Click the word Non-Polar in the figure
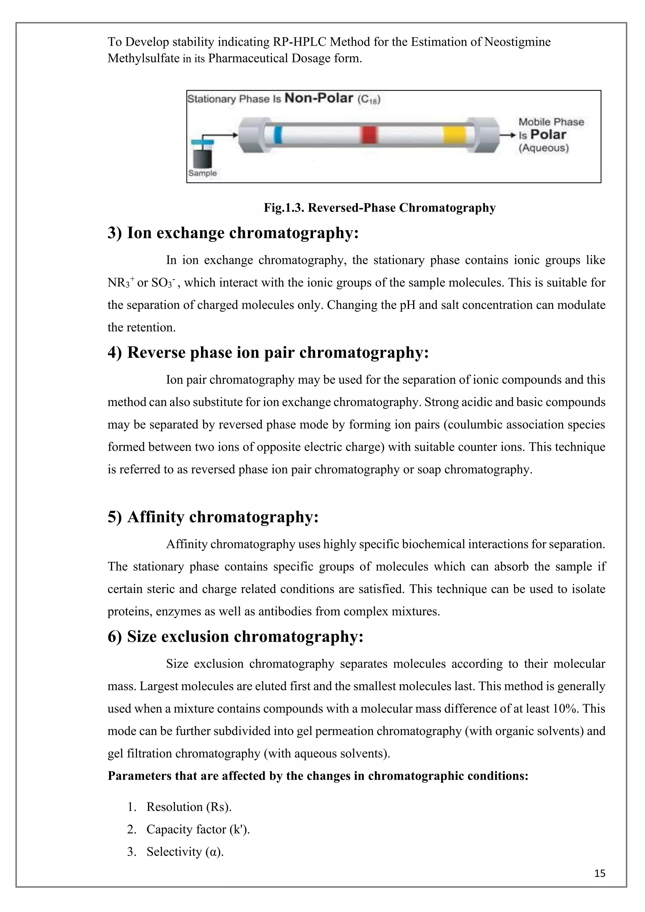(319, 98)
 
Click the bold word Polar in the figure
(548, 135)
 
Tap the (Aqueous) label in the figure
(544, 148)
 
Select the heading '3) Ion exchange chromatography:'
(233, 233)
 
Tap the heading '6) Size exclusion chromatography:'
(236, 636)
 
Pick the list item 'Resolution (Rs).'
(189, 807)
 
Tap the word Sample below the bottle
(203, 173)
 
